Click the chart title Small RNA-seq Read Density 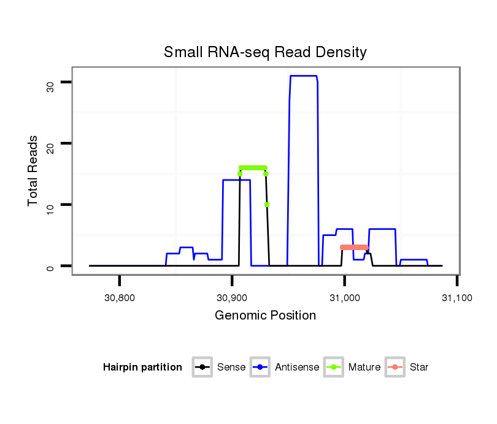click(x=265, y=53)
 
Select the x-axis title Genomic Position click(x=265, y=316)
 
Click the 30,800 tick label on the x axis click(x=119, y=299)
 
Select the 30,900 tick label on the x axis click(x=232, y=299)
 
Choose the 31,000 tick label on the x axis click(x=344, y=299)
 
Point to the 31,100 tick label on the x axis click(x=457, y=299)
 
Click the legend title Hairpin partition click(x=142, y=367)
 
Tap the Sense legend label click(x=231, y=367)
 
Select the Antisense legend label click(x=297, y=367)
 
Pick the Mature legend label click(x=364, y=367)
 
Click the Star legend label click(x=419, y=367)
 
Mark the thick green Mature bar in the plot click(x=253, y=168)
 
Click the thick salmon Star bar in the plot click(x=355, y=247)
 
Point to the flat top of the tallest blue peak click(x=303, y=76)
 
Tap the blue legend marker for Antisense click(x=261, y=367)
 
